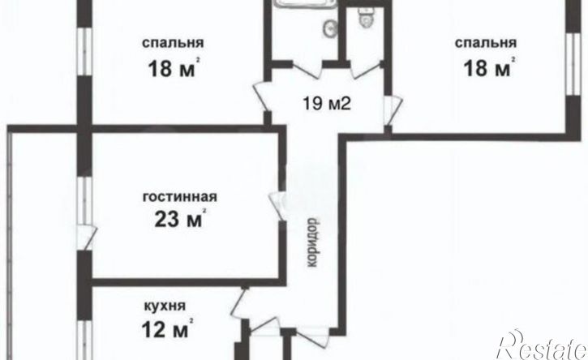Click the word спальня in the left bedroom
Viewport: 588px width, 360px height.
(172, 43)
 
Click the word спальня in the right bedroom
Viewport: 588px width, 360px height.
(486, 43)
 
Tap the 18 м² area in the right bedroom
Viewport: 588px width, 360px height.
(487, 69)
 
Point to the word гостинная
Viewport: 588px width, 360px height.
(178, 196)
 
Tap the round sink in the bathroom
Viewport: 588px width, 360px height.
(330, 28)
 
